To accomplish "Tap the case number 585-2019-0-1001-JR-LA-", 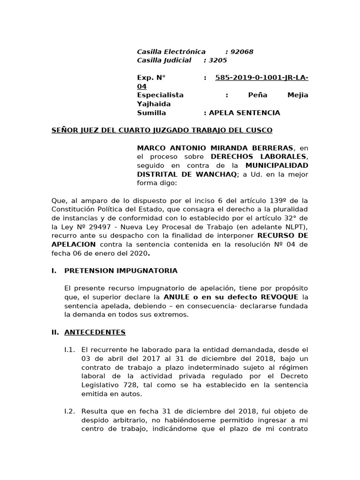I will point(262,78).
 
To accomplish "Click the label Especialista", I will point(160,95).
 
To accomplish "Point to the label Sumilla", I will point(151,112).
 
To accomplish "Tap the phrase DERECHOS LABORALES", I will point(259,156).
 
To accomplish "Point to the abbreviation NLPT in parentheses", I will point(294,226).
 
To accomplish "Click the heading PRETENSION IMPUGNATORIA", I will point(120,270).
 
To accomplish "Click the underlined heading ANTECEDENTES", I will point(95,332).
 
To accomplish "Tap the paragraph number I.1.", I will point(69,350).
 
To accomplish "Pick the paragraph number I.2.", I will point(69,411).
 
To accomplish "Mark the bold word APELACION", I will point(74,244).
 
